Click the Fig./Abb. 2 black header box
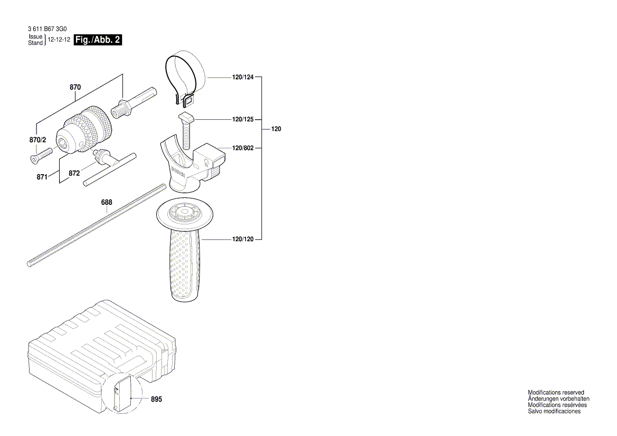(98, 40)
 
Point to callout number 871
(42, 177)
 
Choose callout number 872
(74, 172)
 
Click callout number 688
(107, 202)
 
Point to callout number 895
(157, 399)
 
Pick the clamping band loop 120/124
(182, 74)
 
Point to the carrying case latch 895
(122, 393)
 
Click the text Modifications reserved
(556, 393)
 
